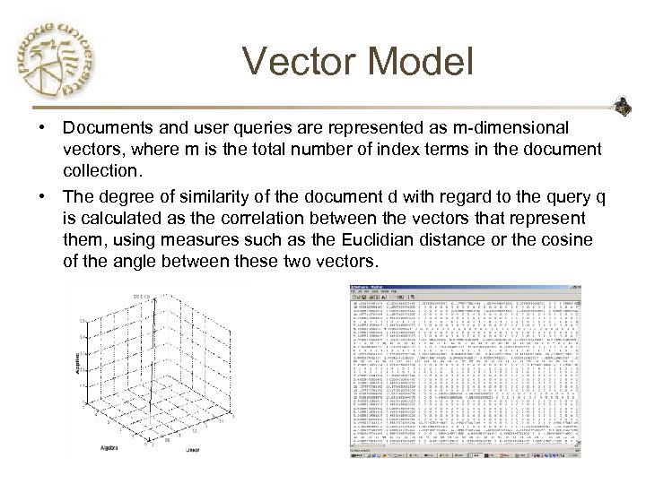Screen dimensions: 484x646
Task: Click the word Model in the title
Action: coord(421,63)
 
